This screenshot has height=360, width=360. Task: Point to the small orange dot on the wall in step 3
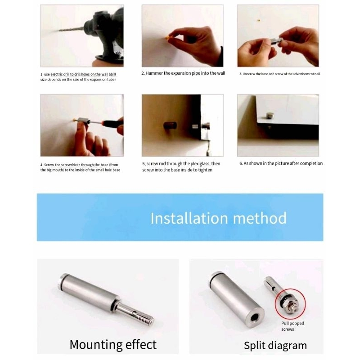coord(259,20)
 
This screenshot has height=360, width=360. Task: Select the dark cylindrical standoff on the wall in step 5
coord(170,126)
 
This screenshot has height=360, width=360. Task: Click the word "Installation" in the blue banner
coord(189,218)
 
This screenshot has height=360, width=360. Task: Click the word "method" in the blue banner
coord(260,218)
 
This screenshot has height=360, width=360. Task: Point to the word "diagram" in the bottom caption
coord(288,346)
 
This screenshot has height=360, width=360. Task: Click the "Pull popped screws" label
coord(292,326)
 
